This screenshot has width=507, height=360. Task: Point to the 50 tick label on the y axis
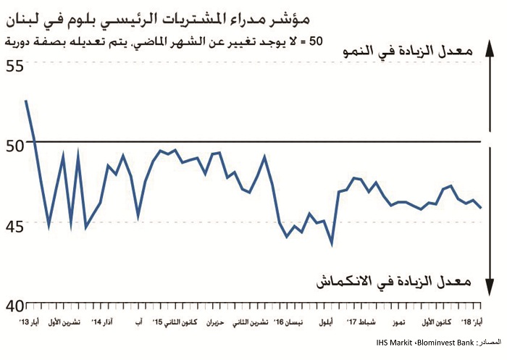click(15, 144)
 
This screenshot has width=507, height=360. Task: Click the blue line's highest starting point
click(26, 101)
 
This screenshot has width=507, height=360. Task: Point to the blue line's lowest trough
click(332, 244)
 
